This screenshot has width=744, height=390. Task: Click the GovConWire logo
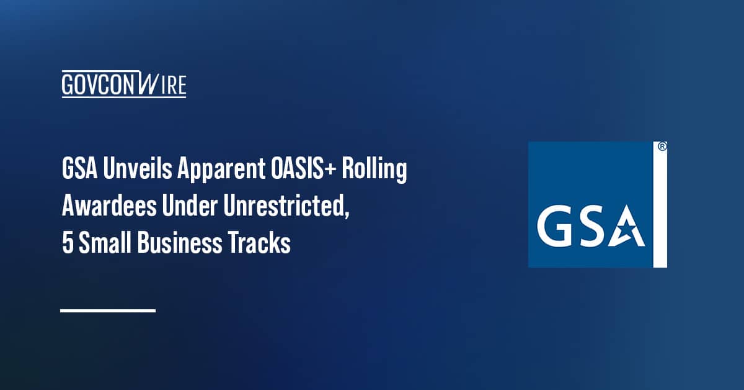(124, 84)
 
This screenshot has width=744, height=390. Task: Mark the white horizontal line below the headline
(108, 310)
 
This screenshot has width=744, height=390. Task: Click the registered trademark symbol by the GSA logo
(662, 147)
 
